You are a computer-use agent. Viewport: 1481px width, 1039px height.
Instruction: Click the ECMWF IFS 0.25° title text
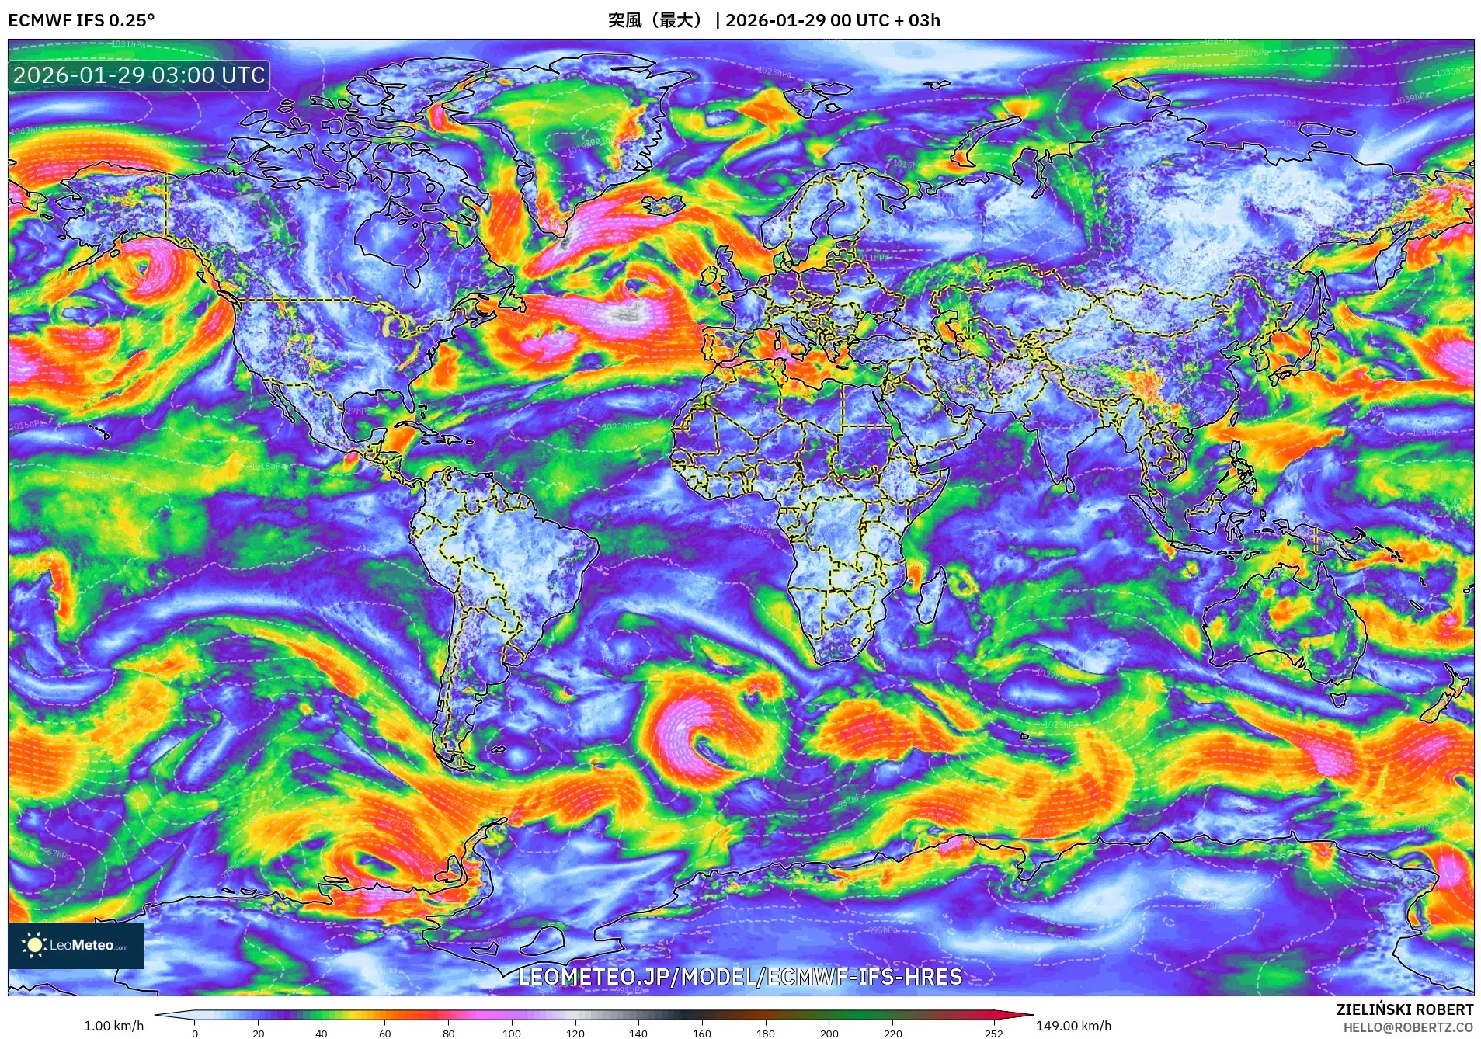coord(81,20)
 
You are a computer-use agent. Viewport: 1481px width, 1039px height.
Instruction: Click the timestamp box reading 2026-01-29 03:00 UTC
coord(139,75)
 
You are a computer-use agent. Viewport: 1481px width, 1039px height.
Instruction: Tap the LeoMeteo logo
coord(76,945)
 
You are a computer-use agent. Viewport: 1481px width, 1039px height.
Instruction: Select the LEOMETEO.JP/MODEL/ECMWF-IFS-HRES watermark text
coord(740,977)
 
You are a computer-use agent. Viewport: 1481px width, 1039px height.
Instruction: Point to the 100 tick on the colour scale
coord(512,1033)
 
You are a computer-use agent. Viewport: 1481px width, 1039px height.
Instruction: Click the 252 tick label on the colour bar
coord(994,1033)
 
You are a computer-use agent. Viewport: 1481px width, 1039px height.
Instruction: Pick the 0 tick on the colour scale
coord(195,1033)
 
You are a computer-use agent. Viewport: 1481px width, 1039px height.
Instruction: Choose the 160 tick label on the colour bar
coord(701,1033)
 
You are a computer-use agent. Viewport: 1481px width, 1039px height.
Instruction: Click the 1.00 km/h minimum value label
coord(113,1026)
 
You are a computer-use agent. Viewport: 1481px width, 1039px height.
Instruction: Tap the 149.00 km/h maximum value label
coord(1073,1026)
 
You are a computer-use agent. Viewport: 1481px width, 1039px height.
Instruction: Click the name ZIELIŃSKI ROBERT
coord(1404,1009)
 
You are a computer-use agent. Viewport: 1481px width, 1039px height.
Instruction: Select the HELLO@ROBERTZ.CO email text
coord(1408,1027)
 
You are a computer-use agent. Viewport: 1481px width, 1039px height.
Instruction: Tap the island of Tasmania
coord(1338,698)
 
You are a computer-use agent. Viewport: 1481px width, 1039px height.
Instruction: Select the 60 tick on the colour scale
coord(385,1033)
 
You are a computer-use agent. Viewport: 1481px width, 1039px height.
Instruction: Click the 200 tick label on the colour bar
coord(829,1033)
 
